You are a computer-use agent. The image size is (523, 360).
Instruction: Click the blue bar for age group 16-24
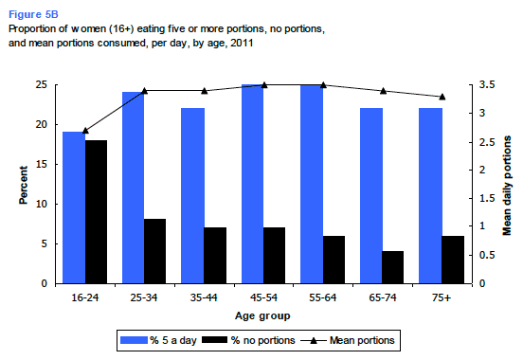coord(74,207)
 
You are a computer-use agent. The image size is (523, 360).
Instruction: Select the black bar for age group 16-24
coord(96,212)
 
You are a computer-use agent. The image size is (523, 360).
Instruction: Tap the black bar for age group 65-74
coord(392,267)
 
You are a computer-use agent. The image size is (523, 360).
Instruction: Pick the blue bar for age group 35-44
coord(192,196)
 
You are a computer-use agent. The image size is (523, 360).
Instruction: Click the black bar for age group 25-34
coord(154,251)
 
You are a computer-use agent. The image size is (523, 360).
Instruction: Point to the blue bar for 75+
coord(430,196)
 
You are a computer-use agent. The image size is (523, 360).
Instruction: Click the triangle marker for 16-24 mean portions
coord(85,130)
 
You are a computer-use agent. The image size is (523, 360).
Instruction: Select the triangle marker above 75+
coord(442,97)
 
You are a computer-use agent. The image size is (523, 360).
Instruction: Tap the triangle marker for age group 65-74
coord(383,91)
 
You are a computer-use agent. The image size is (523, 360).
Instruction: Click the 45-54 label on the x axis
coord(263,297)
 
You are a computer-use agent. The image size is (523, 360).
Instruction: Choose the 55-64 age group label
coord(323,297)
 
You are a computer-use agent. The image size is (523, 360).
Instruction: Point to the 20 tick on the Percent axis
coord(42,124)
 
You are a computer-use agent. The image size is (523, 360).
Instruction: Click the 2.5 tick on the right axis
coord(487,142)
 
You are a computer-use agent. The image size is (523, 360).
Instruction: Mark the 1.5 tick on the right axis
coord(487,198)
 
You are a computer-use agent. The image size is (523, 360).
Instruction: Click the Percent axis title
coord(23,185)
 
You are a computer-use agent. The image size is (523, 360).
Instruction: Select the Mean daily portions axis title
coord(507,186)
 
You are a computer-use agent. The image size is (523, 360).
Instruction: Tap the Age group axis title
coord(262,315)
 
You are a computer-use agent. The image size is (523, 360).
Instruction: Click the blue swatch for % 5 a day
coord(134,340)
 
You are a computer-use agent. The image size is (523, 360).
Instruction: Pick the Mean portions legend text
coord(362,340)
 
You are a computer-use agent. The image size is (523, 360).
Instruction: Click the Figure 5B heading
coord(33,14)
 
